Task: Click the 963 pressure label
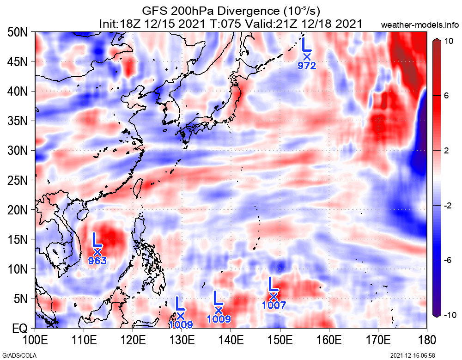click(x=97, y=261)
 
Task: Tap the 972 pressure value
click(x=307, y=66)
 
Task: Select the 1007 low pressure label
click(x=274, y=305)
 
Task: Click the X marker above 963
click(x=97, y=252)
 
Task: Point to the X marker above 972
click(x=307, y=57)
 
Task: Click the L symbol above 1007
click(x=272, y=283)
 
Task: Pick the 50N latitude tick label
click(x=18, y=32)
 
